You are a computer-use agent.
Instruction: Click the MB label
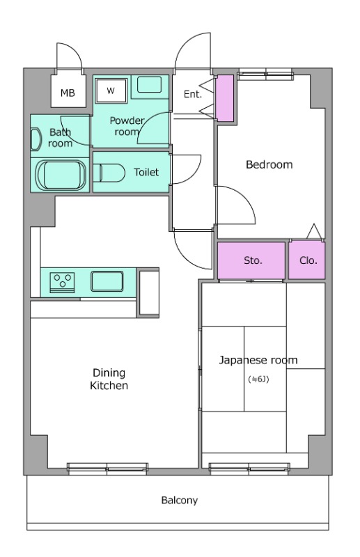pyautogui.click(x=68, y=93)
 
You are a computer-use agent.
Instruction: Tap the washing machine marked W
pyautogui.click(x=111, y=91)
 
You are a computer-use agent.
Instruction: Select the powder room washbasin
pyautogui.click(x=149, y=84)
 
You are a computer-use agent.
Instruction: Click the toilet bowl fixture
pyautogui.click(x=109, y=173)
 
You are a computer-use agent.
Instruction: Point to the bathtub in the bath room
pyautogui.click(x=61, y=175)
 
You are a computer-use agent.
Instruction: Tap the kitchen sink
pyautogui.click(x=107, y=281)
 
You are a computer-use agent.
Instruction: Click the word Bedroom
pyautogui.click(x=269, y=164)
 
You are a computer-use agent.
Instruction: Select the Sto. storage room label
pyautogui.click(x=253, y=260)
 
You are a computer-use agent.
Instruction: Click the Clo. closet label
pyautogui.click(x=308, y=260)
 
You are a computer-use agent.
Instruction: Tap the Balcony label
pyautogui.click(x=180, y=501)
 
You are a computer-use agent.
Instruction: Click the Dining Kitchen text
pyautogui.click(x=109, y=379)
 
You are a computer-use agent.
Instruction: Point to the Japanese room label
pyautogui.click(x=258, y=360)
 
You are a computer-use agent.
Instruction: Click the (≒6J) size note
pyautogui.click(x=258, y=379)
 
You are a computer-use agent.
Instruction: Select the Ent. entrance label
pyautogui.click(x=193, y=94)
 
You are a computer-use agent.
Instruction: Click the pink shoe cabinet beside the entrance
pyautogui.click(x=225, y=98)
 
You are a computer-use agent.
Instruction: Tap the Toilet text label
pyautogui.click(x=146, y=172)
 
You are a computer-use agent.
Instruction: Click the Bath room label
pyautogui.click(x=61, y=138)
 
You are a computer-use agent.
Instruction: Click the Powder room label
pyautogui.click(x=127, y=126)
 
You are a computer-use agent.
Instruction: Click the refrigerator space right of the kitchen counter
pyautogui.click(x=148, y=292)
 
